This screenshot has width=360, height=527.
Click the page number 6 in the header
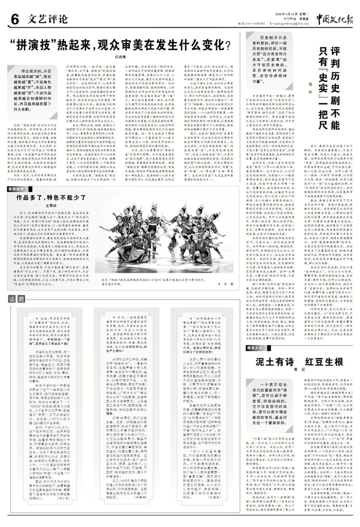click(14, 20)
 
